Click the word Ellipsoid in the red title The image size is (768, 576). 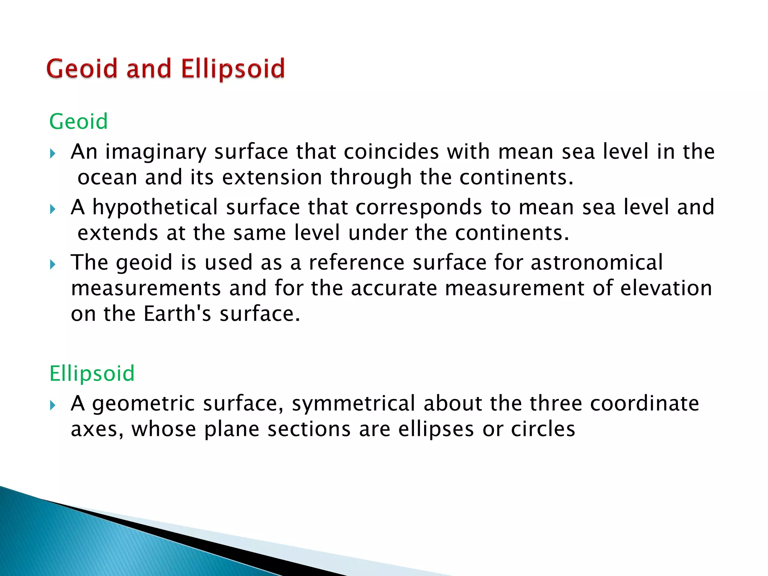tap(232, 69)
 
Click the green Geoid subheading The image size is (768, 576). tap(78, 121)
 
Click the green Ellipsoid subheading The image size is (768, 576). tap(92, 373)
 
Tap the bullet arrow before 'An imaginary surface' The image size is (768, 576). tap(52, 153)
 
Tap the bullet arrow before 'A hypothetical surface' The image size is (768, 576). tap(52, 209)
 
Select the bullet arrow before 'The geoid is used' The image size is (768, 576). tap(52, 264)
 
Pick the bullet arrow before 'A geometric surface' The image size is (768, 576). tap(52, 405)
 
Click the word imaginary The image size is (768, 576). tap(156, 152)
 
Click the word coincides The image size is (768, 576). tap(391, 152)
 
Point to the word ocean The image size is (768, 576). tap(107, 177)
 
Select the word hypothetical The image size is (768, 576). tap(155, 208)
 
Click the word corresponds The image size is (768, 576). tap(418, 208)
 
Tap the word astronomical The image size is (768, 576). tap(597, 262)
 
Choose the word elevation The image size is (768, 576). tap(666, 288)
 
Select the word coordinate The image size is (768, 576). tap(644, 403)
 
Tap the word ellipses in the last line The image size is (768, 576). tap(436, 429)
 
